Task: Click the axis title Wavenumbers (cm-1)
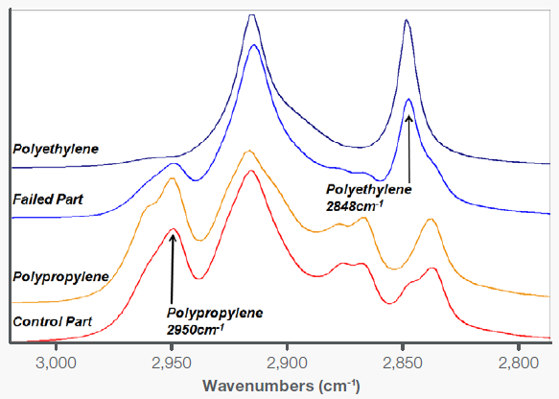point(280,386)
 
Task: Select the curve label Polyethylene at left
point(56,150)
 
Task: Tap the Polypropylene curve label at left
point(59,276)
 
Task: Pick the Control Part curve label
point(52,321)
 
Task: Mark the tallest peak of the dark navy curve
point(251,15)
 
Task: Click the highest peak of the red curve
point(250,172)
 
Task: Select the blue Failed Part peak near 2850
point(408,99)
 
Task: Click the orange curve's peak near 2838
point(431,220)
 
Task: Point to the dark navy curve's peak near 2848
point(407,20)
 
